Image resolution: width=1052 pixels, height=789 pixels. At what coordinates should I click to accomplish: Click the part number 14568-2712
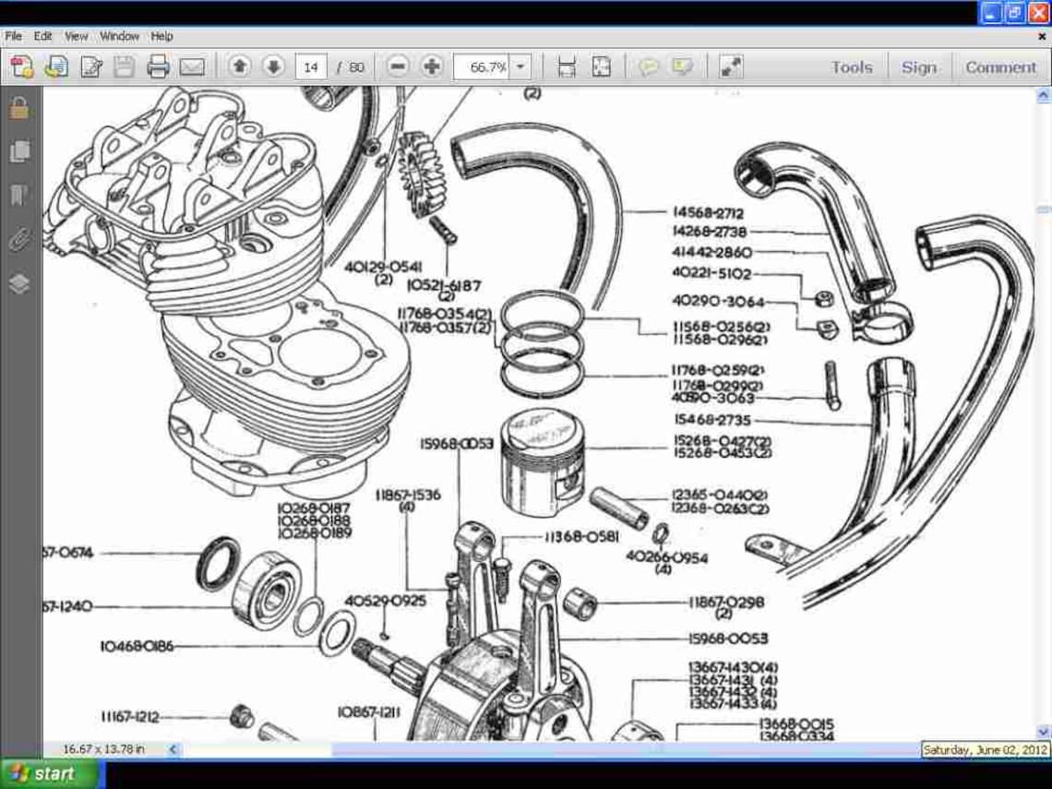(708, 213)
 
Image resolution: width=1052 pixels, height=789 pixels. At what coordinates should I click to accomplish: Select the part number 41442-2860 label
(711, 252)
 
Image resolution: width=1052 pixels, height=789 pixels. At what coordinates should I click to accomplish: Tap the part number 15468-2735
(711, 420)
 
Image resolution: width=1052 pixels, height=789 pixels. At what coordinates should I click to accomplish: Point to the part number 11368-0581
(580, 536)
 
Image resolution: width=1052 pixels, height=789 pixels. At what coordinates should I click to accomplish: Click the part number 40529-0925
(386, 601)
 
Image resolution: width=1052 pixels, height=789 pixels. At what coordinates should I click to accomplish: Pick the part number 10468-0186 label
(137, 646)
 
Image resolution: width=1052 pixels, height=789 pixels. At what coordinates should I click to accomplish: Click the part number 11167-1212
(130, 716)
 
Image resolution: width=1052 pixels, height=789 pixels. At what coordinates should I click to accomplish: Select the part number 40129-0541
(384, 266)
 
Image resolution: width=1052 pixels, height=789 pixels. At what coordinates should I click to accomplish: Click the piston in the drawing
(542, 461)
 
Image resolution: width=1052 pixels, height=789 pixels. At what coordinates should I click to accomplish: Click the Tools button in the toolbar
(851, 67)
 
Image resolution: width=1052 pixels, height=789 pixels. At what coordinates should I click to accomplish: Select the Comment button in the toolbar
(1000, 67)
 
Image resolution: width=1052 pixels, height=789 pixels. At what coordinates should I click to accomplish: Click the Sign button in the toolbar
(918, 67)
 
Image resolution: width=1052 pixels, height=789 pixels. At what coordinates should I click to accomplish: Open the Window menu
(119, 36)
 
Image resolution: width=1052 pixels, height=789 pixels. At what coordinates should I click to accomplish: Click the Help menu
(161, 36)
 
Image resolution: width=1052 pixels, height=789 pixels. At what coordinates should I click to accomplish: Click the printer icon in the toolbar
(158, 66)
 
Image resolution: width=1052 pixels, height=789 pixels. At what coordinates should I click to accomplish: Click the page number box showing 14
(311, 66)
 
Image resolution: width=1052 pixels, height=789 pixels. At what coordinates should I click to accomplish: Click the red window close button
(1038, 13)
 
